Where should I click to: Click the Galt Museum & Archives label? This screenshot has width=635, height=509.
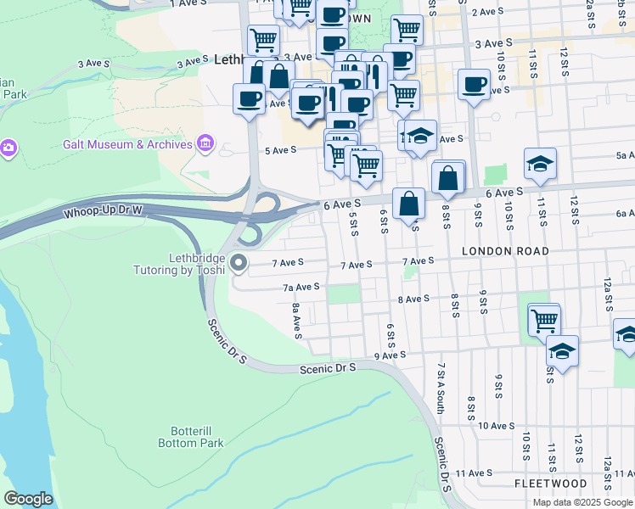point(127,144)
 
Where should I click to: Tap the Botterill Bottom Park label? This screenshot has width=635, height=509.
point(191,437)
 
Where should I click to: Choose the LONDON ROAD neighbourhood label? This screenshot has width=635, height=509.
point(505,251)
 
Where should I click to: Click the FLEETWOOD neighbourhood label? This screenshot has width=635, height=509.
point(550,483)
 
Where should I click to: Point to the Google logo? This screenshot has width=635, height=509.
point(28,499)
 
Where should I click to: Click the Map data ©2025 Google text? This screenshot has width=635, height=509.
point(582,502)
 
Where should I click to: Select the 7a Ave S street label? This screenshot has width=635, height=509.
point(301,287)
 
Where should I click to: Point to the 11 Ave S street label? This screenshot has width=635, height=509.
point(474,473)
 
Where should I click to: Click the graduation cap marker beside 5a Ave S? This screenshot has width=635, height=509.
point(540,164)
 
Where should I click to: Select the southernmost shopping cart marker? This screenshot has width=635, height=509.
point(544,320)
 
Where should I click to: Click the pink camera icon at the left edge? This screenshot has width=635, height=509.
point(8,148)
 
